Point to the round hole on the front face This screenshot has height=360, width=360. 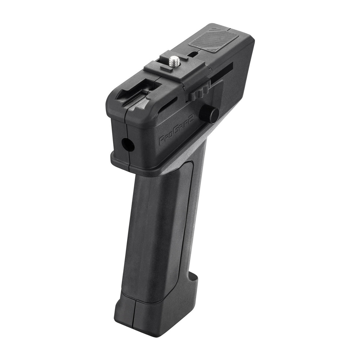pos(128,145)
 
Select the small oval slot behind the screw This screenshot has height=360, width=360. pos(193,54)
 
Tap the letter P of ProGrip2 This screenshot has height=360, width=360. pos(162,140)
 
